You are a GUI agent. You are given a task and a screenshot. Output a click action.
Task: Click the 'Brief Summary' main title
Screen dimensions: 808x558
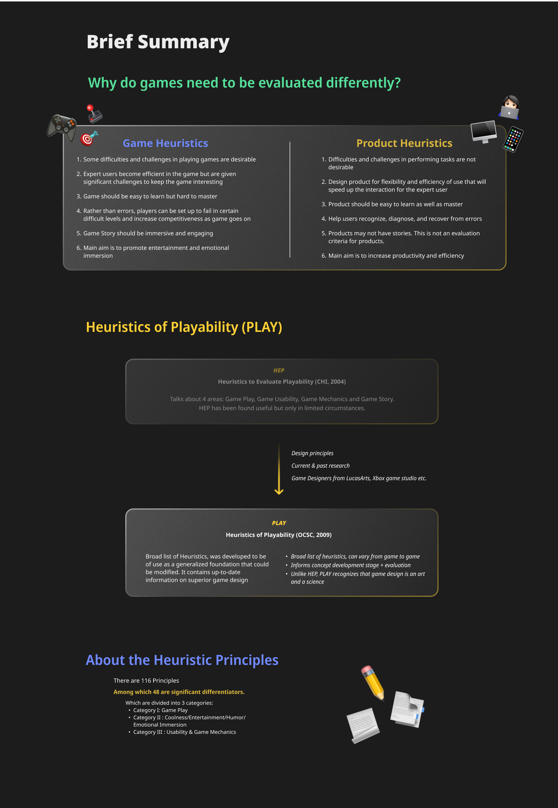[x=158, y=42]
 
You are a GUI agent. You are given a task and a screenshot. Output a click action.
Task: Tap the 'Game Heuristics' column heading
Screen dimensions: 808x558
[x=165, y=143]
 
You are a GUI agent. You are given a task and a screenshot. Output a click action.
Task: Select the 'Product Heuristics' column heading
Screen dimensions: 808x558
[x=404, y=143]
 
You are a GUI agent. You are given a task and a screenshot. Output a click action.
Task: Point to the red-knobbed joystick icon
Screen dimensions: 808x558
[x=94, y=114]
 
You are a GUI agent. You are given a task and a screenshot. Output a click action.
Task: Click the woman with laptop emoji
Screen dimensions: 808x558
[x=509, y=107]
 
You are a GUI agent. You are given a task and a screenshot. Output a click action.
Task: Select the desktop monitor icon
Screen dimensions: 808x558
[x=484, y=131]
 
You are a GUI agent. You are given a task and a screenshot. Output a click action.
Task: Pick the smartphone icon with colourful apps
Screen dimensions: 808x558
[x=513, y=139]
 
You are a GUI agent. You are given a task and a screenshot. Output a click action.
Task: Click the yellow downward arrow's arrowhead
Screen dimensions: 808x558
[x=279, y=492]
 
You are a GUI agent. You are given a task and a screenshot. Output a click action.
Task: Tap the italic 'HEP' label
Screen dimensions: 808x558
[x=279, y=370]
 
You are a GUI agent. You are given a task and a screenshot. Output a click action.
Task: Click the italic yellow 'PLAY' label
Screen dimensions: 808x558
[x=279, y=523]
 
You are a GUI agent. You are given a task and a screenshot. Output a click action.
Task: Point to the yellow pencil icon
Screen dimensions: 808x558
[x=373, y=682]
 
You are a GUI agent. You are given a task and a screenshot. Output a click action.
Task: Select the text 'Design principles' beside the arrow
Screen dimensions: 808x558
[x=312, y=453]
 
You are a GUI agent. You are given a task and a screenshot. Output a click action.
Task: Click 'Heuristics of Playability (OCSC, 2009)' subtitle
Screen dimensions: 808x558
[x=279, y=535]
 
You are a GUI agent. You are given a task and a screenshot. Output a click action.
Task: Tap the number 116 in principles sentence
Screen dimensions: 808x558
[x=146, y=681]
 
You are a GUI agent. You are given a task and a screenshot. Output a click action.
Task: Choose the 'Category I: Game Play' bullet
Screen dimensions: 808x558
[x=160, y=710]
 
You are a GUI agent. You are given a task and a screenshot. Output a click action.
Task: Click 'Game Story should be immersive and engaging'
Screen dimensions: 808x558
[x=148, y=233]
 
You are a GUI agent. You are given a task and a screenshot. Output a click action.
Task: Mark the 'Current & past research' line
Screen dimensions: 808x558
[x=320, y=466]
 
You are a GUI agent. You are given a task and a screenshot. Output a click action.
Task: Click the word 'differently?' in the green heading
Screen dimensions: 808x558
[x=363, y=83]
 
